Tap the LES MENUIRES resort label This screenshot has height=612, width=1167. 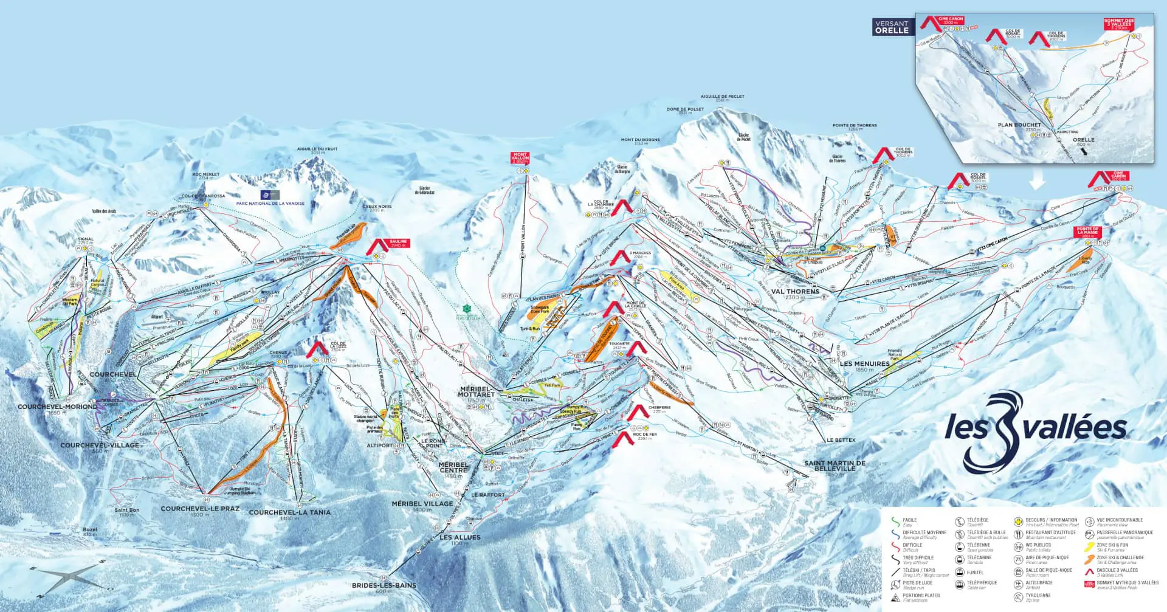coord(864,364)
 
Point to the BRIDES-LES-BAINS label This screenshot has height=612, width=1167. coord(384,585)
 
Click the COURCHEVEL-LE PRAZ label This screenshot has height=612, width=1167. coord(200,509)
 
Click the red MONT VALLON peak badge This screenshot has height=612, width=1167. coord(520,158)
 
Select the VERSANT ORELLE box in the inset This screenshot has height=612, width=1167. coord(892,27)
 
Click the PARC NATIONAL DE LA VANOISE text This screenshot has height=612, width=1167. coord(270,204)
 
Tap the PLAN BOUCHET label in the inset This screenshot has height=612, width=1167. coord(1019,125)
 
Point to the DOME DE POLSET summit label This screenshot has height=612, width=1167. coord(686,110)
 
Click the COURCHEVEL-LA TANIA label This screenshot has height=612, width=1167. coord(290,512)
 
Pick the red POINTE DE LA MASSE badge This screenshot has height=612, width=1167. coord(1088,232)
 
